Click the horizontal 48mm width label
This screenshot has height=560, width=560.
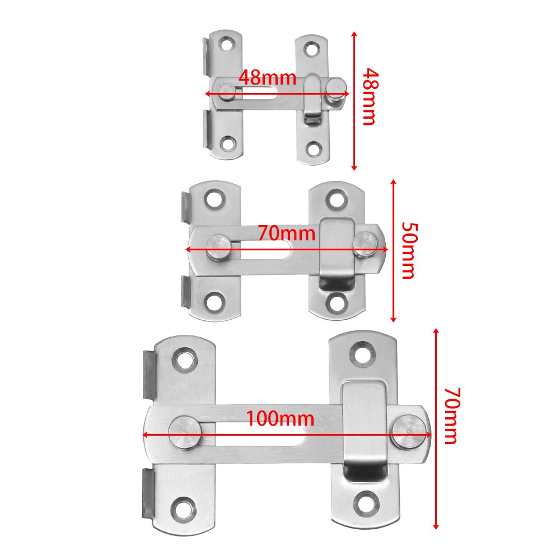[267, 77]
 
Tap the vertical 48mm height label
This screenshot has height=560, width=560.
[368, 96]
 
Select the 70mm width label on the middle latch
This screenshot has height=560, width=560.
[286, 232]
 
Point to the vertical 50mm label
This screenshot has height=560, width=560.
[408, 250]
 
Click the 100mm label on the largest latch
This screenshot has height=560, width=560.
[280, 418]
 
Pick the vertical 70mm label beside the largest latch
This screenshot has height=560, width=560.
[451, 415]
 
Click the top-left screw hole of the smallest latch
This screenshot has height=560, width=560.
[227, 43]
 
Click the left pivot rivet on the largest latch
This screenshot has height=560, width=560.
[185, 432]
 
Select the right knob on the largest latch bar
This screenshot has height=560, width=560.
[407, 432]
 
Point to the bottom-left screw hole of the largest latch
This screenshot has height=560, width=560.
[184, 508]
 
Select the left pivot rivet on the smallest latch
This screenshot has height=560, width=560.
[227, 92]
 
